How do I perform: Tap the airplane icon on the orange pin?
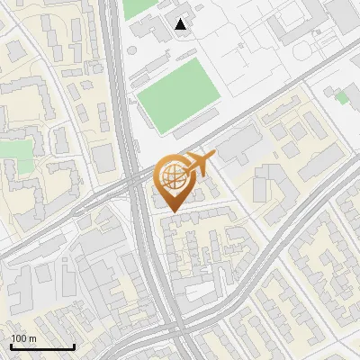pos(197,164)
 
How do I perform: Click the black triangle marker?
pos(182,24)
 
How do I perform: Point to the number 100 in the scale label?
pos(18,338)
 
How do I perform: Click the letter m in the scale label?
pos(31,338)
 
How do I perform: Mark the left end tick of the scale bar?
pos(11,346)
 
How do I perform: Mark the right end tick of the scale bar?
pos(74,346)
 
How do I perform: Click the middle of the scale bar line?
pos(42,347)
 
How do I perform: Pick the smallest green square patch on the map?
pos(341,96)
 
